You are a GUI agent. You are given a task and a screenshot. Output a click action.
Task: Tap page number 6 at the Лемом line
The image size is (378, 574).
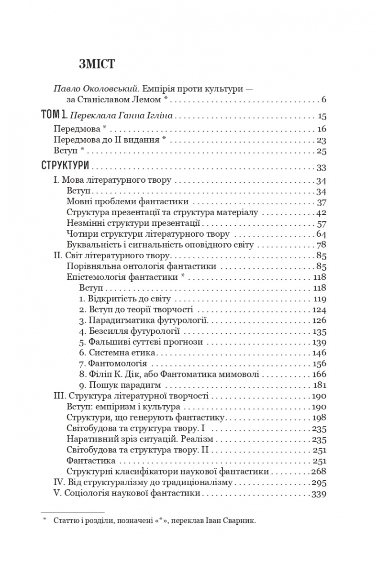(323, 100)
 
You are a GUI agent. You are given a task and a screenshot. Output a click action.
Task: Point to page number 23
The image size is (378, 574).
(321, 140)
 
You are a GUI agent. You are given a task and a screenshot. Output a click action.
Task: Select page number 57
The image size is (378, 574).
(321, 223)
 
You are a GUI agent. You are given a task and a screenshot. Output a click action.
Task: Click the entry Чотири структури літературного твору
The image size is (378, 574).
(146, 234)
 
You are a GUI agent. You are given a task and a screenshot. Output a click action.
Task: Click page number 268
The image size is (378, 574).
(319, 472)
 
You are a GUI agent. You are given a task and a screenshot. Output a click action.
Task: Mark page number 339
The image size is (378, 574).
(319, 493)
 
